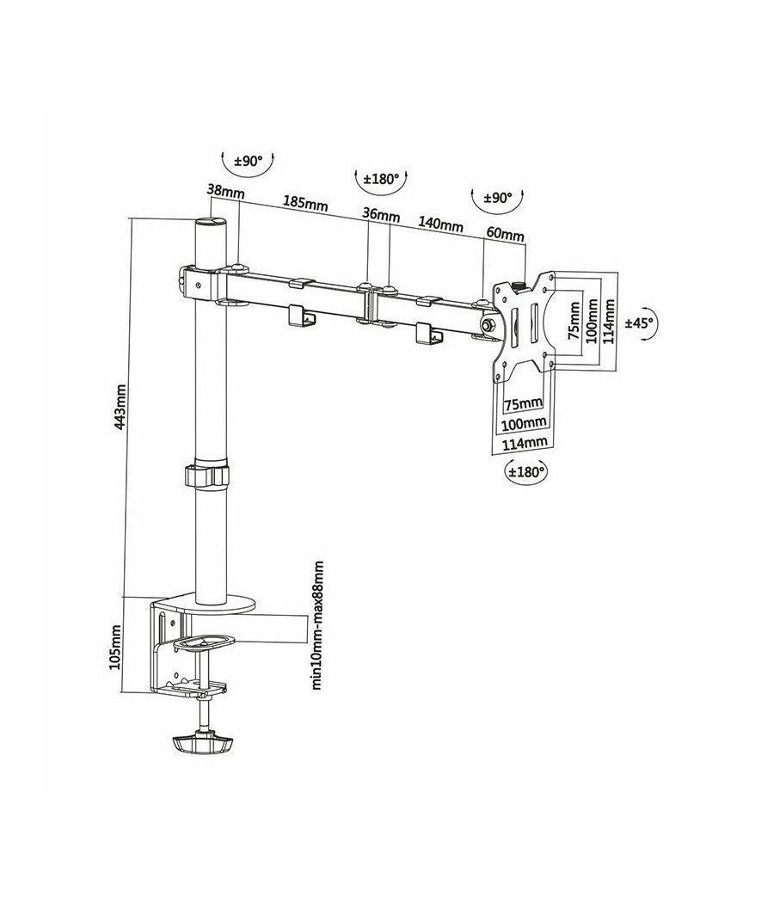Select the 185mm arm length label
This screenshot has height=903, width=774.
pyautogui.click(x=305, y=204)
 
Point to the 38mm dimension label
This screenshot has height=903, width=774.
pyautogui.click(x=222, y=191)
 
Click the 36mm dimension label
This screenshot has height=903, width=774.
pyautogui.click(x=381, y=214)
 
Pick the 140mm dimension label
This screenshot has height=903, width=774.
pyautogui.click(x=440, y=225)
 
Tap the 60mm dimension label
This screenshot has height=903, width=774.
pyautogui.click(x=506, y=233)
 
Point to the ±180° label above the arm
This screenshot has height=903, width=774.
pyautogui.click(x=379, y=180)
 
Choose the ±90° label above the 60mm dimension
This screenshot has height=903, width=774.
pyautogui.click(x=494, y=198)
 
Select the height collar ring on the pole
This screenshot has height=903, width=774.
pyautogui.click(x=206, y=474)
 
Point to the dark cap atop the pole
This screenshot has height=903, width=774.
pyautogui.click(x=210, y=223)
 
